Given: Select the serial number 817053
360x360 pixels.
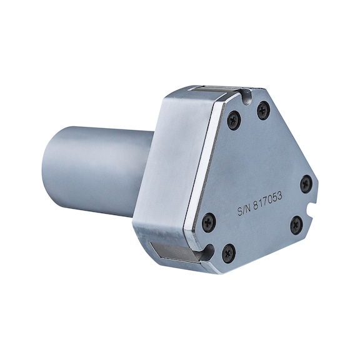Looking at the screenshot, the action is pyautogui.click(x=267, y=200).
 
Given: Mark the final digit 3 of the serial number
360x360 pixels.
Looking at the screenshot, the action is pyautogui.click(x=279, y=196).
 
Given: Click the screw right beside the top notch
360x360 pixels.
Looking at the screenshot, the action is pyautogui.click(x=262, y=111).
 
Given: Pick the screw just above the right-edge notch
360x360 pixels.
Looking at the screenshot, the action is pyautogui.click(x=307, y=183).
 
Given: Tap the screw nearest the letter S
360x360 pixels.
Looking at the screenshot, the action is pyautogui.click(x=209, y=221).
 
